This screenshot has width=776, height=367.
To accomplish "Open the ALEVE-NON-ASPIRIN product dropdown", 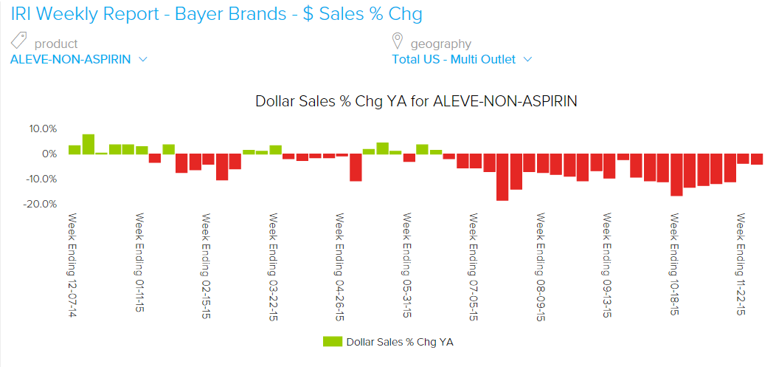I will [79, 60].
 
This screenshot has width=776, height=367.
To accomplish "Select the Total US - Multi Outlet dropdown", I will [461, 60].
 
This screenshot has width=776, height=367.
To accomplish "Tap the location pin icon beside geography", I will [398, 41].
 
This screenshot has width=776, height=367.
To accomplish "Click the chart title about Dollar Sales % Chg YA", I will [416, 101].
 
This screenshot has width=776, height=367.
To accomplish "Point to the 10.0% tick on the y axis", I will [43, 128].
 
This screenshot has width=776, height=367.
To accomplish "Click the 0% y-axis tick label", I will [48, 154].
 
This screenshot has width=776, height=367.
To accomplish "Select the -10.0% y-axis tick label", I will [41, 179].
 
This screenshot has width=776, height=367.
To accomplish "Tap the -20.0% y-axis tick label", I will [41, 204].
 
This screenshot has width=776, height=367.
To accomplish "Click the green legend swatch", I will [332, 342].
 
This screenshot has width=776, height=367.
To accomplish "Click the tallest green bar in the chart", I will [89, 145].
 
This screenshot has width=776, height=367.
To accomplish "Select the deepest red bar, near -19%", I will [502, 177].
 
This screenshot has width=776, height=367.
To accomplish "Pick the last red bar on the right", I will [757, 160].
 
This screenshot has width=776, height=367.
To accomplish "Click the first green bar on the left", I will [75, 150].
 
